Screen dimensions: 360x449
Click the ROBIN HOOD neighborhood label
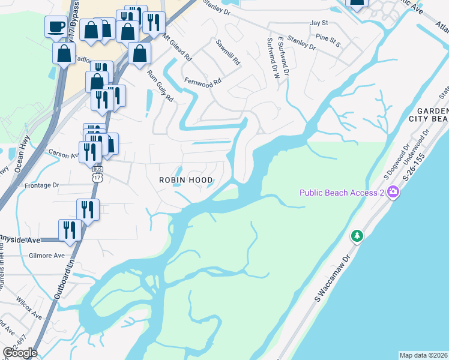[186, 180]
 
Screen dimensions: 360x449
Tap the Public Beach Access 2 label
[342, 193]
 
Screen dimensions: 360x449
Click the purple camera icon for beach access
[393, 193]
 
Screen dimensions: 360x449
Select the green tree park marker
[357, 236]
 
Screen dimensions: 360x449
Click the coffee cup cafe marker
[56, 27]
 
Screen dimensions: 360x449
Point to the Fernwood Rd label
[203, 81]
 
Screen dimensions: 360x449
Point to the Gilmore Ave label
[46, 256]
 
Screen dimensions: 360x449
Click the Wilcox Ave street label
[29, 308]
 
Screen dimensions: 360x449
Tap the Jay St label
[319, 23]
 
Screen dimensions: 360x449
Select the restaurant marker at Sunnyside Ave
[70, 230]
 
